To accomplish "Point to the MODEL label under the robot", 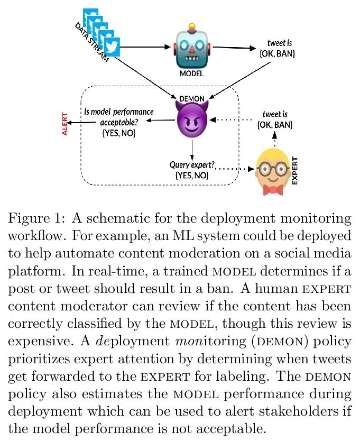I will pyautogui.click(x=191, y=73).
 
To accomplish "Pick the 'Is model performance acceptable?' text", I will pyautogui.click(x=119, y=117).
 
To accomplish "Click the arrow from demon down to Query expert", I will pyautogui.click(x=191, y=149).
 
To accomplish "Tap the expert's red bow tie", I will pyautogui.click(x=273, y=189).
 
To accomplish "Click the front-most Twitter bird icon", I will pyautogui.click(x=112, y=47).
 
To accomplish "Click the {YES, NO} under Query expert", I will pyautogui.click(x=191, y=174).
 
